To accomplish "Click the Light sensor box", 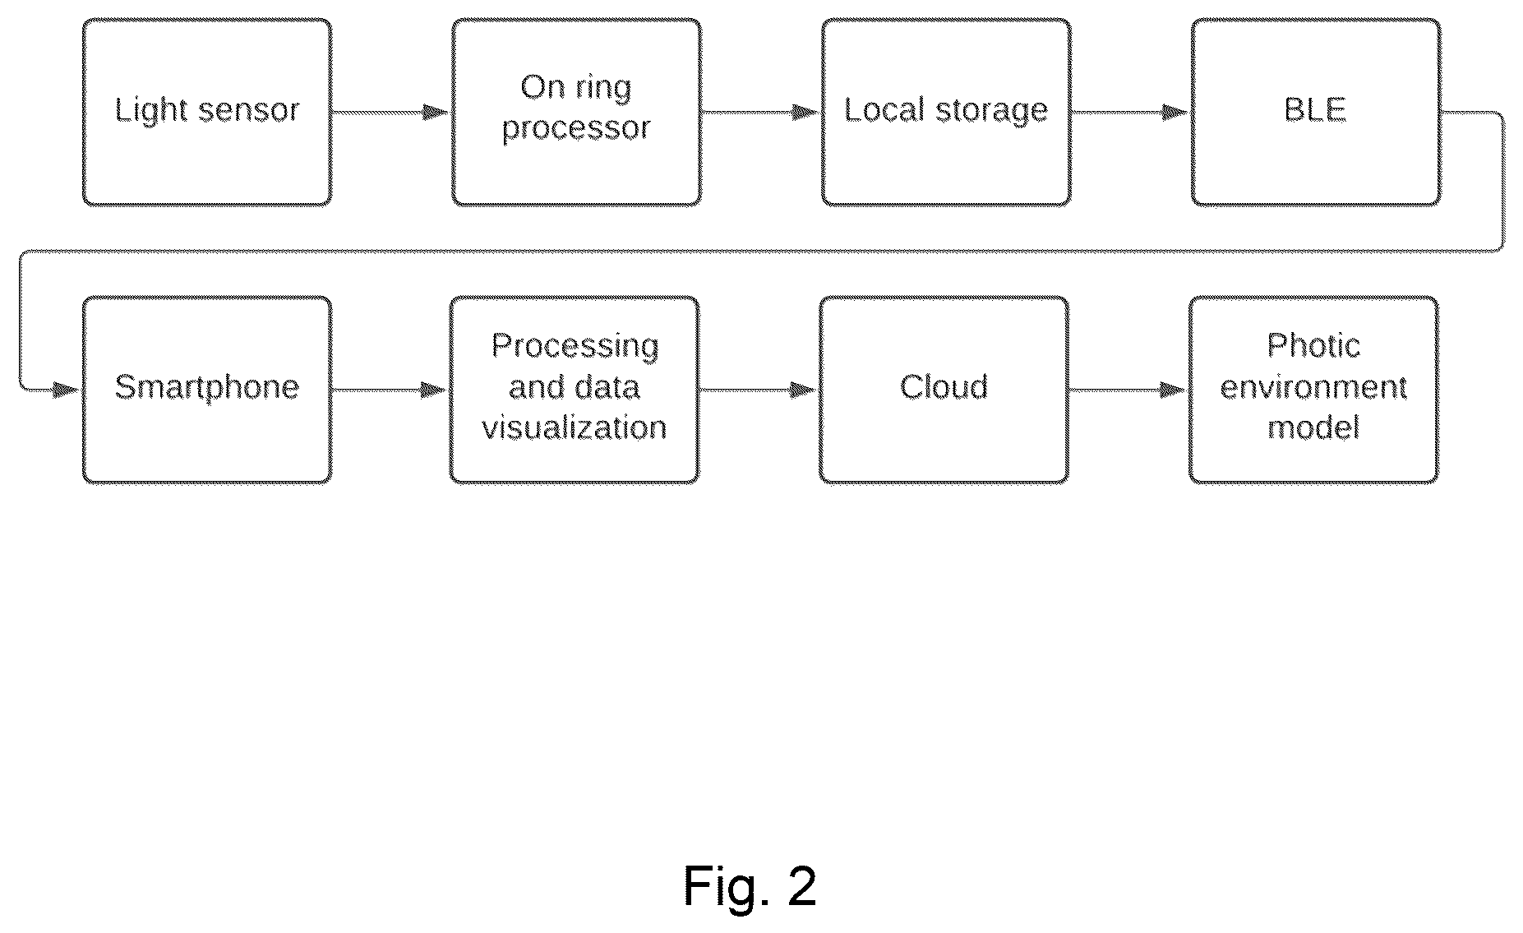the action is coord(207,112).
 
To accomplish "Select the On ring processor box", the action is coord(576,112).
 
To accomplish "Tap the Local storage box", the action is coord(946,112).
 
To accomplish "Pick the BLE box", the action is coord(1315,112).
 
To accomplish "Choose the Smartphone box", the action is coord(207,390).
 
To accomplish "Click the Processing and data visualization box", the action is coord(575,390).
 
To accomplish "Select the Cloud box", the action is coord(944,390).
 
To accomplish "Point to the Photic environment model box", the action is coord(1313,390).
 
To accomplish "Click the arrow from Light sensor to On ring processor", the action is coord(391,113).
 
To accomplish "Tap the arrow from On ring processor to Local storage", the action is coord(761,113).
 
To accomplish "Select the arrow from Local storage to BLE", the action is coord(1130,113).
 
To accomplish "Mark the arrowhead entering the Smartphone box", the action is coord(66,390).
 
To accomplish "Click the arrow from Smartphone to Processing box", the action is coord(390,390).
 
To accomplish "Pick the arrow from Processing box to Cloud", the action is coord(759,390).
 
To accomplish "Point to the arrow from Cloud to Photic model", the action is coord(1128,390).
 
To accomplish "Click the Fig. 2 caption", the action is coord(750,885).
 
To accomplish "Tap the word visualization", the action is coord(575,427).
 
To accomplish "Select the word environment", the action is coord(1313,386).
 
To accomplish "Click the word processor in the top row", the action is coord(576,129).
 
